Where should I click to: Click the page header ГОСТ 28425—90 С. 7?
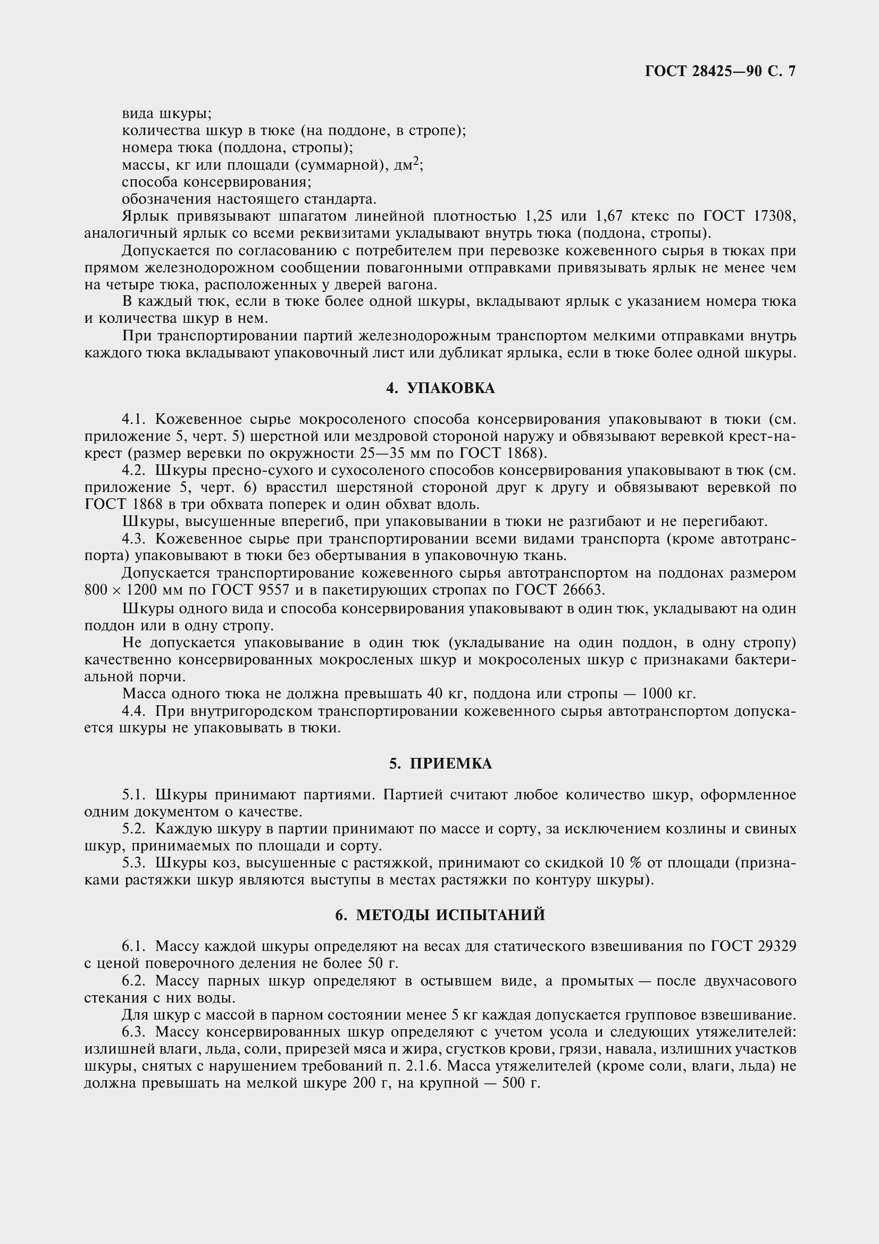[x=720, y=71]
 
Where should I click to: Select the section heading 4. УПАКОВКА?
[x=440, y=388]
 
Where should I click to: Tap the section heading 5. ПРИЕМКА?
[x=440, y=763]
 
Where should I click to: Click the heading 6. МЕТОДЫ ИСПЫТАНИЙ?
[x=440, y=915]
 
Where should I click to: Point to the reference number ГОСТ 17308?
[x=750, y=216]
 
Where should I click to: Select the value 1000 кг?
[x=668, y=694]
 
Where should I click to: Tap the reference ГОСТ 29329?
[x=754, y=946]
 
